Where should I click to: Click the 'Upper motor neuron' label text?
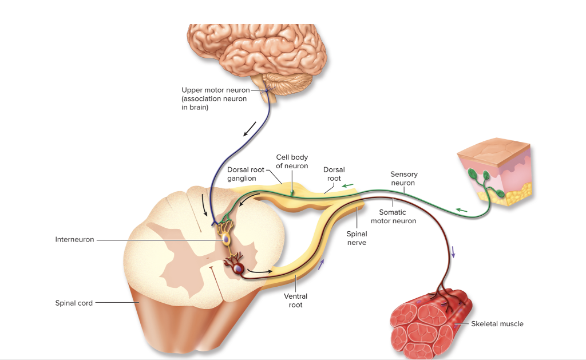click(215, 90)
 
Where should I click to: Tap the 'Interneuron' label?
click(74, 239)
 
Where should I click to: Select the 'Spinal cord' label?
click(74, 303)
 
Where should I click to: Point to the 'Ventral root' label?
click(296, 300)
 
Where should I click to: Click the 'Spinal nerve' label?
click(357, 238)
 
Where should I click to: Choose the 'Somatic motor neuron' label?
click(393, 216)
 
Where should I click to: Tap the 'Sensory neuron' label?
click(404, 179)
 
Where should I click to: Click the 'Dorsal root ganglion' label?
click(246, 174)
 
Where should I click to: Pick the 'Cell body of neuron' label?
click(292, 161)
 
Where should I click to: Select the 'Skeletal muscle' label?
click(497, 324)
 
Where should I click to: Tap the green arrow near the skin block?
click(462, 210)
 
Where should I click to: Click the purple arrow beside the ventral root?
click(322, 263)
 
